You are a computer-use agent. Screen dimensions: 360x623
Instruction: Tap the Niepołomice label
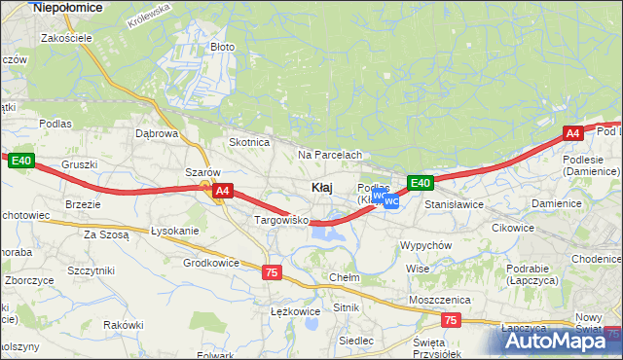pos(68,7)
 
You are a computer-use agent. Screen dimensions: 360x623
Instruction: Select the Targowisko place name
pos(280,221)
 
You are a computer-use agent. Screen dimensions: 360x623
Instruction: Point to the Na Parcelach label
pos(330,155)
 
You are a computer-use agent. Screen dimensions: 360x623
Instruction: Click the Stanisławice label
pos(454,205)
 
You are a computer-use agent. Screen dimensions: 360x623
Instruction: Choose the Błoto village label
pos(223,46)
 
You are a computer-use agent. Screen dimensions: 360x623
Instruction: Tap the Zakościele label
pos(66,38)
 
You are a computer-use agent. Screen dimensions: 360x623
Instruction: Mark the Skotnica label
pos(248,142)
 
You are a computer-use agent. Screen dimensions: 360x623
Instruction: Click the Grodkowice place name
pos(211,263)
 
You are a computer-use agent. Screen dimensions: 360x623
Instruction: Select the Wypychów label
pos(425,245)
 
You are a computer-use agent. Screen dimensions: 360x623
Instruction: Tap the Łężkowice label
pos(294,311)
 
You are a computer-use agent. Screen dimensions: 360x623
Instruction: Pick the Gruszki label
pos(79,165)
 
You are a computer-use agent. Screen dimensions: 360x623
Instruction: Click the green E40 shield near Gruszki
pos(22,161)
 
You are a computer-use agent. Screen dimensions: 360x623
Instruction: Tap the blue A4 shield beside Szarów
pos(223,191)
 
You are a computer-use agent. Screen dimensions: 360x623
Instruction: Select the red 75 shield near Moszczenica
pos(449,319)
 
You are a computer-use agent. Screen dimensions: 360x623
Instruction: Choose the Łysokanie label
pos(175,231)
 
